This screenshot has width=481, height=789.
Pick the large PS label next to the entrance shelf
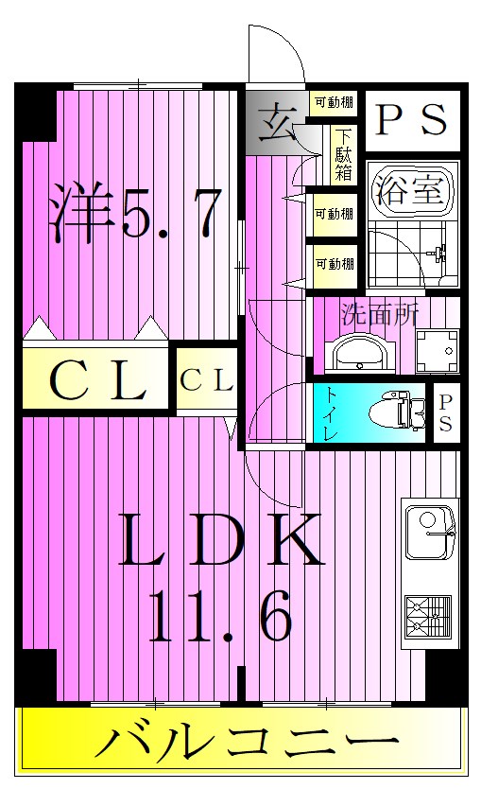point(411,119)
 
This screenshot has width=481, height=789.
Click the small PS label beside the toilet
point(444,413)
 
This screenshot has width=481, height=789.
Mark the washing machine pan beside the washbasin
point(436,350)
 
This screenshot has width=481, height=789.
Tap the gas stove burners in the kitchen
point(428,615)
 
